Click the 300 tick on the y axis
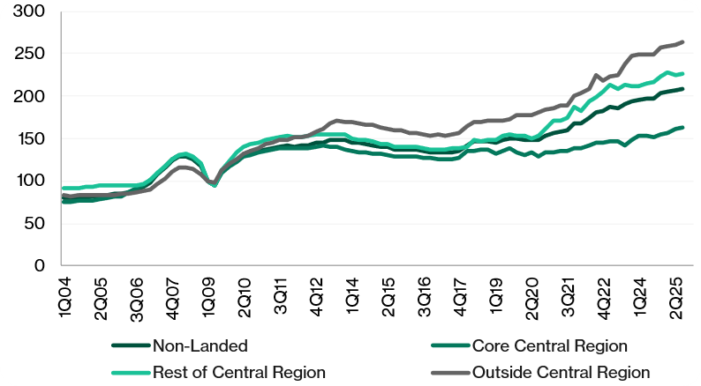30,12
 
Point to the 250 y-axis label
30,54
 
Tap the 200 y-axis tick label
30,96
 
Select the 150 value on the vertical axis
30,138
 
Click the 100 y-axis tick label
30,181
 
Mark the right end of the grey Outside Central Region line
683,41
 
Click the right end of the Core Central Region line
683,127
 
